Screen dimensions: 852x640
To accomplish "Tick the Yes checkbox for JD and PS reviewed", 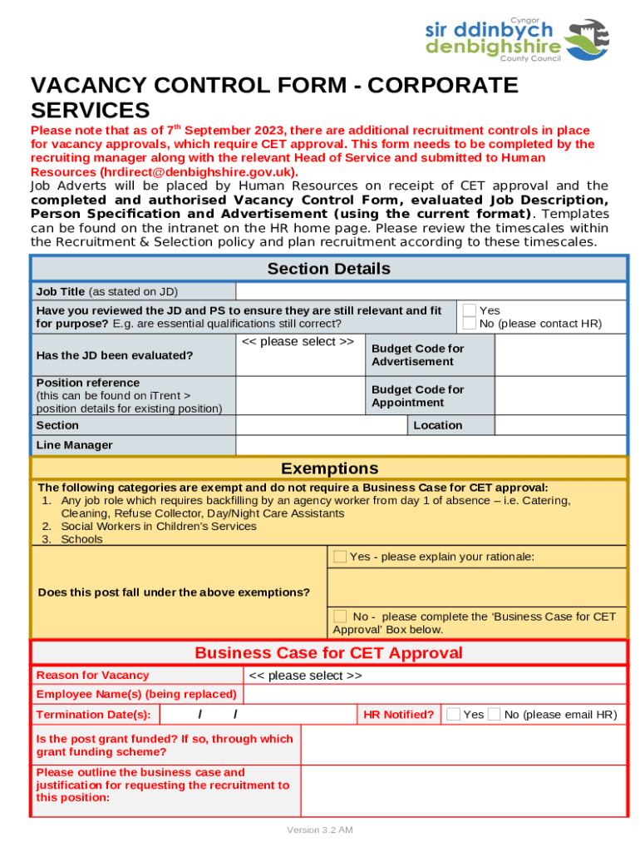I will pyautogui.click(x=470, y=310).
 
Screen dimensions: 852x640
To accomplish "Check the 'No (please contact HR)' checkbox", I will pyautogui.click(x=470, y=324).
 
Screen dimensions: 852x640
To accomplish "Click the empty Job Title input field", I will pyautogui.click(x=431, y=291).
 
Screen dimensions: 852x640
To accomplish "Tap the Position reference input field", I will pyautogui.click(x=300, y=396).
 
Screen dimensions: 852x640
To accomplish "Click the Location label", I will pyautogui.click(x=437, y=425).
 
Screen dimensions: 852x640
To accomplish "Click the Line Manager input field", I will pyautogui.click(x=431, y=445).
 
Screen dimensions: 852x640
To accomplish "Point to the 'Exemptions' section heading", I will pyautogui.click(x=329, y=468).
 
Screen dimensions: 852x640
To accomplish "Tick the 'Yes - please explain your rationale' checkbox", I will pyautogui.click(x=340, y=557).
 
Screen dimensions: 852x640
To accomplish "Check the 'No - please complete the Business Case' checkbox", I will pyautogui.click(x=340, y=617).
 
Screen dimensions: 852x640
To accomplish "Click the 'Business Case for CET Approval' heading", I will pyautogui.click(x=328, y=653).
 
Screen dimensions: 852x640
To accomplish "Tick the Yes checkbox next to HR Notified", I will pyautogui.click(x=453, y=714).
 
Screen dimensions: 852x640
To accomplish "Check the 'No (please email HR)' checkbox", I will pyautogui.click(x=494, y=714).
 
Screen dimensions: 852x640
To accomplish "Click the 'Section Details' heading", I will pyautogui.click(x=328, y=269).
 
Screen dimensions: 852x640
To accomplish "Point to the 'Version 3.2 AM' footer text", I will pyautogui.click(x=320, y=830).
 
